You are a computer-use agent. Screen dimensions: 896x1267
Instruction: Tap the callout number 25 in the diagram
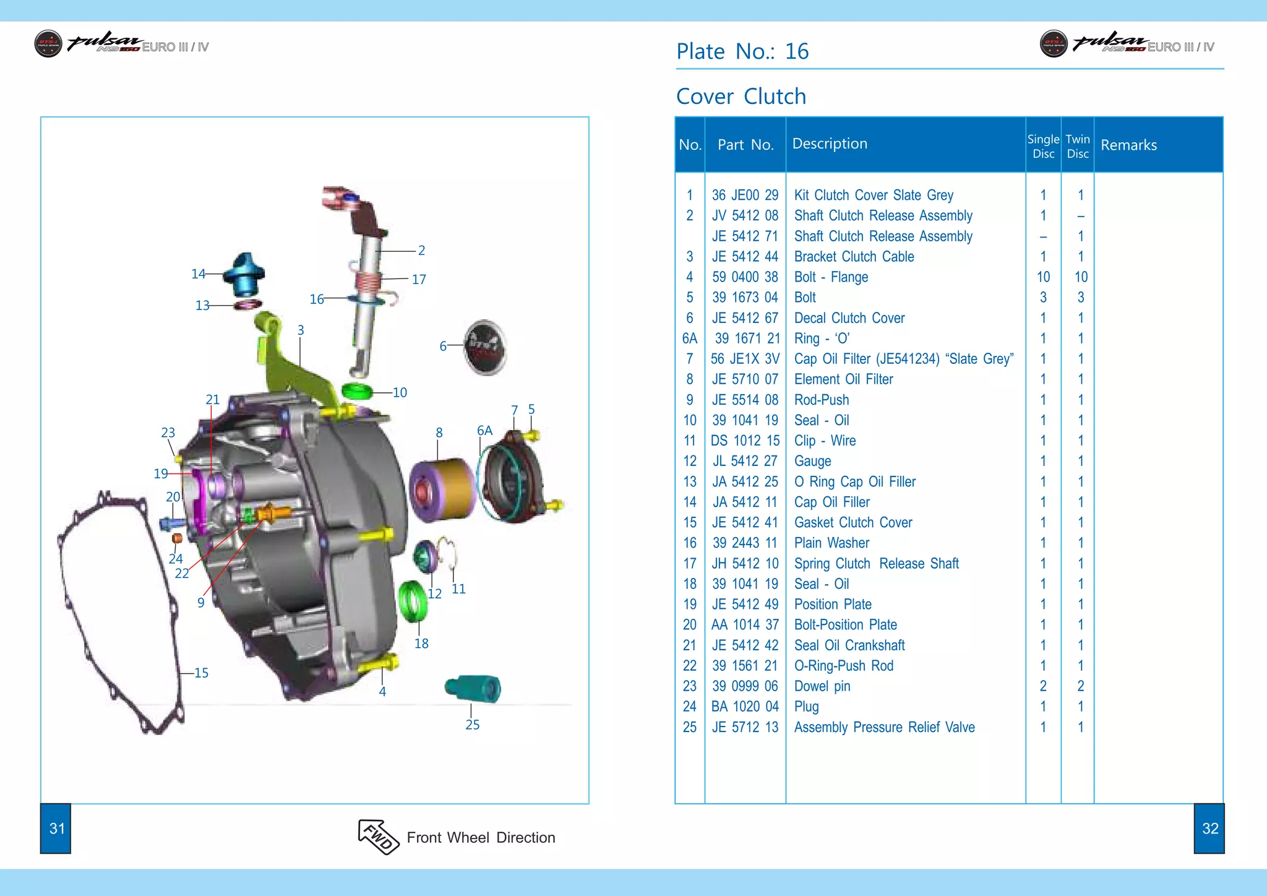(472, 725)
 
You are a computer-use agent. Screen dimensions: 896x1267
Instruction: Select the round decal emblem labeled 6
(486, 347)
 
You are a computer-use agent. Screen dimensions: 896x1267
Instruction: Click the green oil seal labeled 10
(357, 391)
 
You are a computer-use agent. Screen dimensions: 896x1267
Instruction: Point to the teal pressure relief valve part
(473, 688)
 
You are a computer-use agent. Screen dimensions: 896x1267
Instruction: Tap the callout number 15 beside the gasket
(201, 673)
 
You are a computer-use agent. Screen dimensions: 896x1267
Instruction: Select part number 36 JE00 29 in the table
(745, 195)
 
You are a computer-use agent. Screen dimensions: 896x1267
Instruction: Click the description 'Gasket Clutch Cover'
(853, 522)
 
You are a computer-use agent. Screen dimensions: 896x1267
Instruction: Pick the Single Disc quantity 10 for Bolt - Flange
(1043, 277)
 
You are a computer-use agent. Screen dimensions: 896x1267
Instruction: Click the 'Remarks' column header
(1128, 145)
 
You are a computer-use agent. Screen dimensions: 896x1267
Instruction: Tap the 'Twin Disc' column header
(1077, 146)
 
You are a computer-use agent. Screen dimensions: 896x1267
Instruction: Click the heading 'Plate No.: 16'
(742, 51)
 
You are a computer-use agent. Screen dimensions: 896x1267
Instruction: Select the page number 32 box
(1209, 829)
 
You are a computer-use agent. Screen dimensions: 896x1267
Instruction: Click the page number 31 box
(56, 829)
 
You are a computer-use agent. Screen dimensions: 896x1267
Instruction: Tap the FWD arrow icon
(378, 837)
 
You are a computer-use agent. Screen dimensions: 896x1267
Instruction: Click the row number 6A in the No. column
(689, 338)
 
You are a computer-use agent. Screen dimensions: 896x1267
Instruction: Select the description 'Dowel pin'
(822, 686)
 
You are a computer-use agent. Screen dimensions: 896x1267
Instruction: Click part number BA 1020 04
(745, 706)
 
